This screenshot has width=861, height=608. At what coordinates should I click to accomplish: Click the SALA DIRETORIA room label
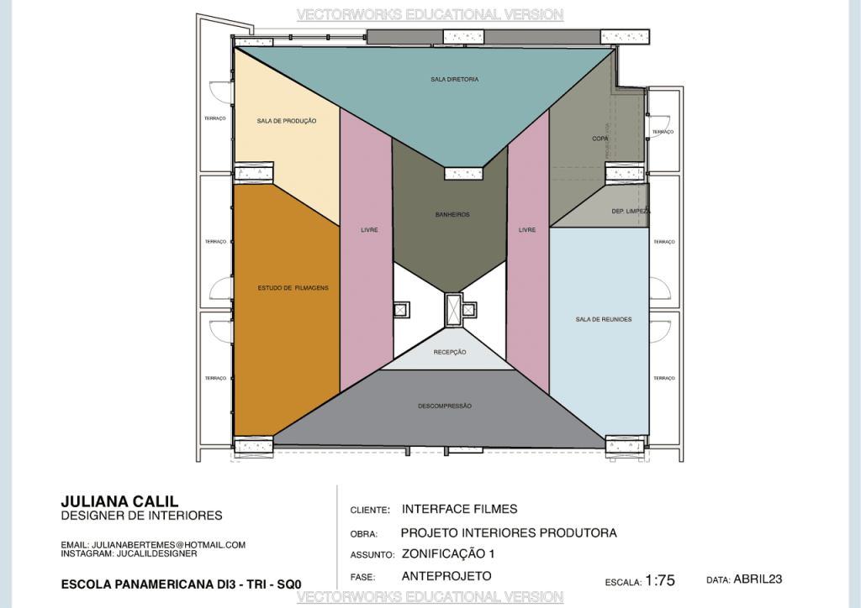click(455, 79)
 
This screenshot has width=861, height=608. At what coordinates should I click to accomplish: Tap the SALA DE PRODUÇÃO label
click(287, 121)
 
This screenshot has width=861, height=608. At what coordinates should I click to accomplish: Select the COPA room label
click(600, 138)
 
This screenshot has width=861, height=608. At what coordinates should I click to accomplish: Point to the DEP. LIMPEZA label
click(631, 211)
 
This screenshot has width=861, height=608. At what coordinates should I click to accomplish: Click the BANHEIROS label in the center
click(452, 214)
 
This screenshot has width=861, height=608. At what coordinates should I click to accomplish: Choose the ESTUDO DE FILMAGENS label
click(293, 288)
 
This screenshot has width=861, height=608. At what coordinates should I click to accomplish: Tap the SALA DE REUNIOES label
click(603, 319)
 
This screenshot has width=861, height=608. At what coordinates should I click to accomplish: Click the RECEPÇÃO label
click(450, 352)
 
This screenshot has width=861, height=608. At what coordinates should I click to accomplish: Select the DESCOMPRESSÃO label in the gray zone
click(445, 406)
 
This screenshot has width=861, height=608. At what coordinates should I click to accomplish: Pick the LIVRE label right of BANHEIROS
click(527, 229)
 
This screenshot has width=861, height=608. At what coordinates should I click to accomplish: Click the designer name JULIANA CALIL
click(119, 501)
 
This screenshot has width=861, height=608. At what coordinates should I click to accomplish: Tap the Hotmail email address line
click(153, 545)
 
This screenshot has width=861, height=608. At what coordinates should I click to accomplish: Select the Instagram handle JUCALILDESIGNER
click(129, 554)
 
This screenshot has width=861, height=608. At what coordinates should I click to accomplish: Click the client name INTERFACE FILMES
click(459, 509)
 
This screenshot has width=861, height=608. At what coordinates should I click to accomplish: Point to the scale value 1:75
click(660, 579)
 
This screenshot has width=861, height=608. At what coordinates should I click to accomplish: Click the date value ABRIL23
click(758, 579)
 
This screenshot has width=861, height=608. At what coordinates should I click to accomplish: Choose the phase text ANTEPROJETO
click(446, 576)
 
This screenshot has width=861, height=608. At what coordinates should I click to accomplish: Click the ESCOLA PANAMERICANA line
click(181, 584)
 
